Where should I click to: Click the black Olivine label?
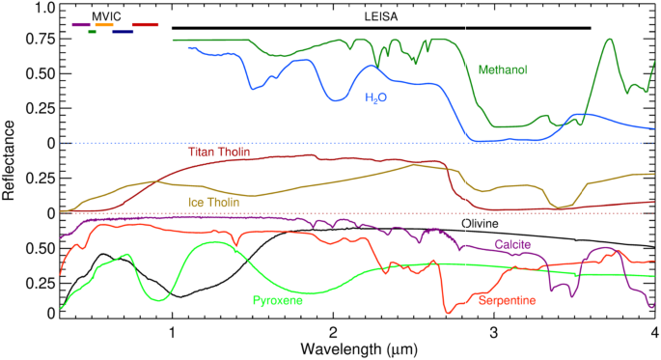(480, 223)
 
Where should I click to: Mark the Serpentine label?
(508, 300)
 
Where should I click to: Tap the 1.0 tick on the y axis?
(41, 8)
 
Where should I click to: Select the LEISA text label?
(380, 16)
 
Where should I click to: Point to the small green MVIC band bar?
(92, 32)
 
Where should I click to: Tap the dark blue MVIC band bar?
(123, 32)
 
